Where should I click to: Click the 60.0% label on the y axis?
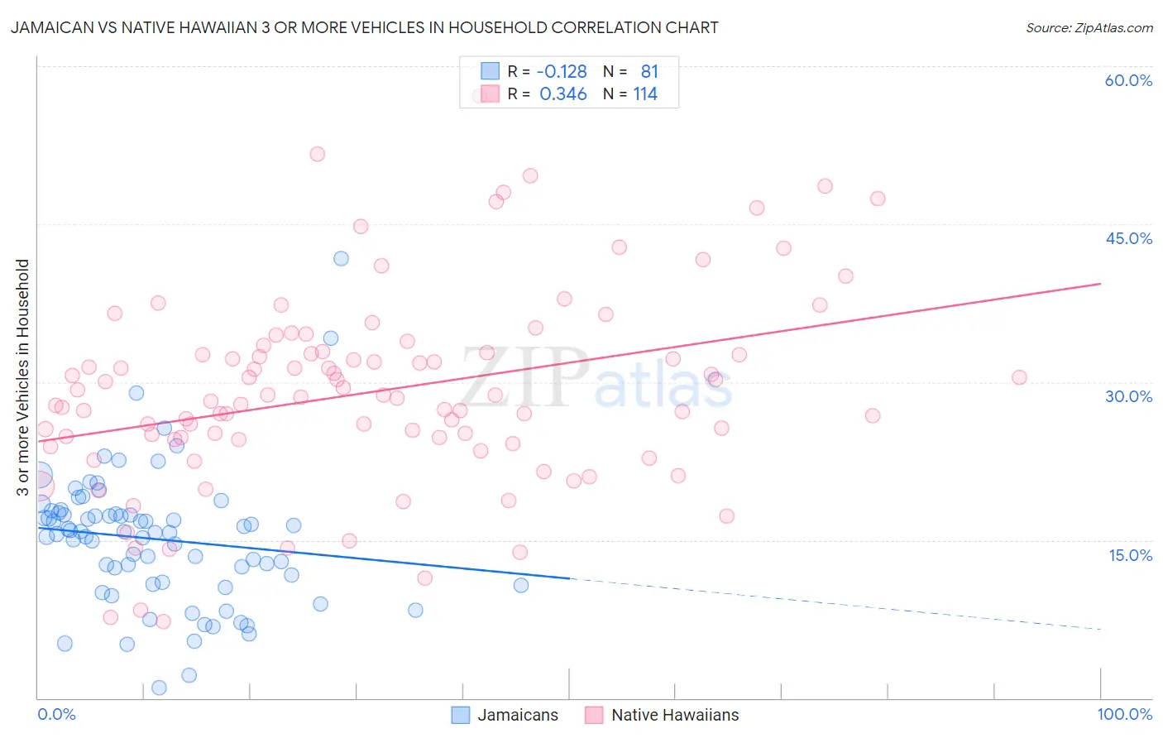(1128, 80)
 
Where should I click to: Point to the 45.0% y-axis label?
(1128, 238)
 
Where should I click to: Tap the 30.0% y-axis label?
(1128, 396)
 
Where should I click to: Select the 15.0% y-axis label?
(1130, 555)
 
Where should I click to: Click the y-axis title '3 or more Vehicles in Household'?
(23, 377)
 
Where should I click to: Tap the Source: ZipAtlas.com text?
(1089, 27)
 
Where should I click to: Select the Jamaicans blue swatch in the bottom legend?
(461, 715)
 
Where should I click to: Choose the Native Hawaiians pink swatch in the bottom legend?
(594, 715)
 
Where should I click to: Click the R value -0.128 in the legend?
(562, 72)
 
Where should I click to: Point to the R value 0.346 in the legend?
(562, 94)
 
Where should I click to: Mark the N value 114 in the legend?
(645, 94)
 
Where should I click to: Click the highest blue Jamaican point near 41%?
(341, 258)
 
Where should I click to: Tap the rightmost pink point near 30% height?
(1019, 377)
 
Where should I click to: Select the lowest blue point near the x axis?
(159, 688)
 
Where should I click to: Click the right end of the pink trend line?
(1100, 283)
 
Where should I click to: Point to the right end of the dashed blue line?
(1100, 630)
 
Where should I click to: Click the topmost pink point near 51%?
(317, 154)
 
